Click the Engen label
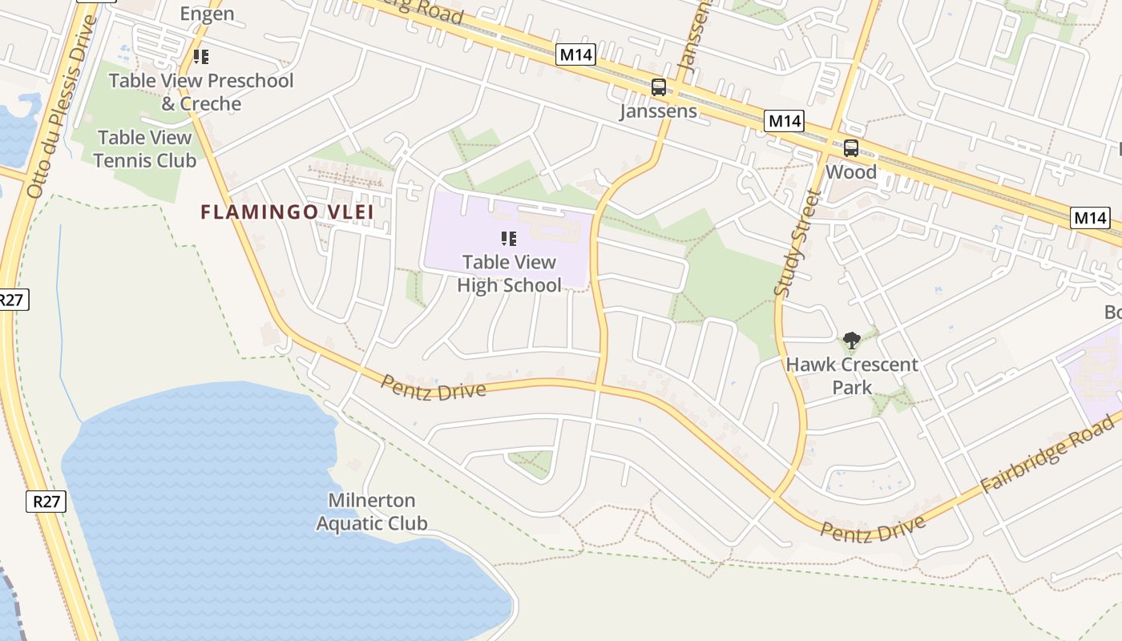[207, 14]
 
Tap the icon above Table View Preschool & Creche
[201, 57]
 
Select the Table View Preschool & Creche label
[201, 92]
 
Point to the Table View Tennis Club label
[144, 149]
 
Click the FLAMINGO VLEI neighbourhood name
[287, 212]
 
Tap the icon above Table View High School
[508, 239]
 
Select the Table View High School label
[509, 273]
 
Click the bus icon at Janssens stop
[658, 87]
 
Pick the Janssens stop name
[658, 111]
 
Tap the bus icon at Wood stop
[850, 148]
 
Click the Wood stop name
[850, 171]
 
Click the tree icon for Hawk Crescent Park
[851, 341]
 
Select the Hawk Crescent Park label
[851, 376]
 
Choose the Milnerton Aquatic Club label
[372, 512]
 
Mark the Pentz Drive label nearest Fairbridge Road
[873, 530]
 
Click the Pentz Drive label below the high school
[433, 388]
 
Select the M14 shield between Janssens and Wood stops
[783, 121]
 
